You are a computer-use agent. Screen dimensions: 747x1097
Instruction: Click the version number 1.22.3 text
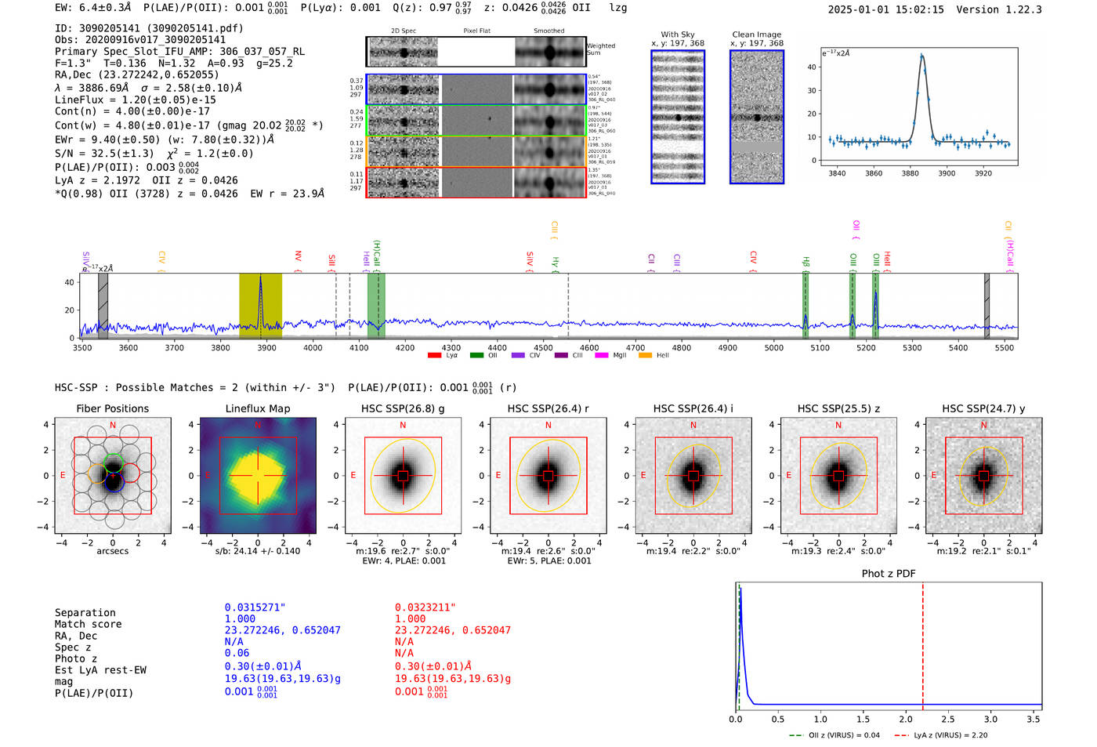[x=1016, y=9]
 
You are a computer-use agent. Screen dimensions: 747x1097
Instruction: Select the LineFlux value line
[x=136, y=100]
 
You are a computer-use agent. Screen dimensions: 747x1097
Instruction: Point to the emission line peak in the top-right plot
[x=921, y=56]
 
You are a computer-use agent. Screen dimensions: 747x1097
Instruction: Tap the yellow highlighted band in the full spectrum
[x=260, y=306]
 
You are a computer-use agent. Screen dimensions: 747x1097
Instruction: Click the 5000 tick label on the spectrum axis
[x=773, y=348]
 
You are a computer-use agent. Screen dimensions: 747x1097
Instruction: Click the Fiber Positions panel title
[x=112, y=408]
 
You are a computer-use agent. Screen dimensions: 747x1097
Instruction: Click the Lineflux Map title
[x=258, y=408]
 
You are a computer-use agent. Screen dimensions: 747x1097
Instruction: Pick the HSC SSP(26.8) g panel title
[x=403, y=408]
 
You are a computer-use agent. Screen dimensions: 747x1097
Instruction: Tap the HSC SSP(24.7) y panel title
[x=983, y=408]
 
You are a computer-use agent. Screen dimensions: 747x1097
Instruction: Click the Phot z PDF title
[x=889, y=574]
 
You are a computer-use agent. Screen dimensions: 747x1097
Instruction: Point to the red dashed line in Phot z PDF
[x=922, y=643]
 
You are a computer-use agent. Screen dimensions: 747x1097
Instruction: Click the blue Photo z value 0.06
[x=237, y=653]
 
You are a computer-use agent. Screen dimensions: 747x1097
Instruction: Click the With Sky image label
[x=677, y=34]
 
